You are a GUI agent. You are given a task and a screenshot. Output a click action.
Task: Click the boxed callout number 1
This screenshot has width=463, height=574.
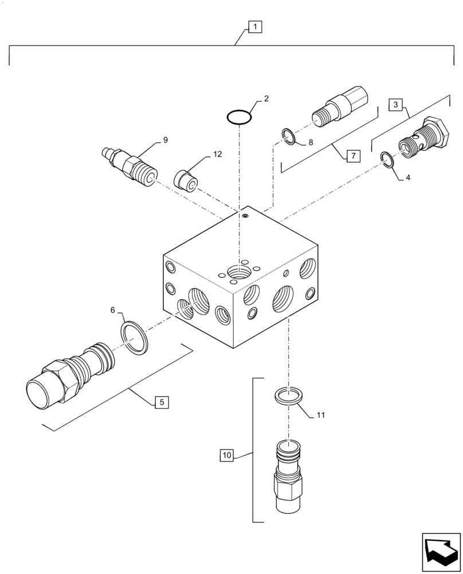point(255,26)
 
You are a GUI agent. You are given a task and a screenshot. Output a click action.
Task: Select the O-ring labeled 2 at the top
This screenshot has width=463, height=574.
point(239,117)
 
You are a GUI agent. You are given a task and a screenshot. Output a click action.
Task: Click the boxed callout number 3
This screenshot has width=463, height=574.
point(395,105)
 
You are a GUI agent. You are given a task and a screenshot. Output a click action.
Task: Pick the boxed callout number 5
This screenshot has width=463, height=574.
point(162,403)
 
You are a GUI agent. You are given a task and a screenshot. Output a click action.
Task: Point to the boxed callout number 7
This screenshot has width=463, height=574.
point(352,156)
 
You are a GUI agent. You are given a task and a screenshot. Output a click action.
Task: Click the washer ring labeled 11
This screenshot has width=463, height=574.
point(289,397)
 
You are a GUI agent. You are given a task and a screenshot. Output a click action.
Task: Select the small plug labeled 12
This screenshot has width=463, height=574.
point(186,179)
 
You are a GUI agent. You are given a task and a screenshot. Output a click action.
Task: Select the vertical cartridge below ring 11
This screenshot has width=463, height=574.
point(289,475)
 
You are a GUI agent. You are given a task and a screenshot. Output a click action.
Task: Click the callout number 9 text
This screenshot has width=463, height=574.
point(165,139)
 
